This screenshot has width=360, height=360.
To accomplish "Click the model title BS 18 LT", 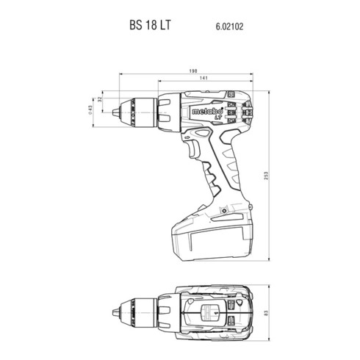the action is click(150, 25).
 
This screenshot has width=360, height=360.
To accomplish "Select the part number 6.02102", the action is click(229, 26).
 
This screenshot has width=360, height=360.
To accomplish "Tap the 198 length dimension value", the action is click(193, 71).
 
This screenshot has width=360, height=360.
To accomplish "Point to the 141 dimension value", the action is click(204, 78).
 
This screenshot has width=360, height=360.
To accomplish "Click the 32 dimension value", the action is click(99, 99).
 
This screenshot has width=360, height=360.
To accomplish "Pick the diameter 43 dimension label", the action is click(90, 110).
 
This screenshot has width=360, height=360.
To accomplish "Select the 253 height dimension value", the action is click(267, 176).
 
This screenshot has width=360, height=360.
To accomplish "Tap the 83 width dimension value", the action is click(267, 313).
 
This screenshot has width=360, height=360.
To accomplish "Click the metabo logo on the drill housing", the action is click(207, 112).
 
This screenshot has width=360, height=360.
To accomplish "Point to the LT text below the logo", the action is click(218, 118).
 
